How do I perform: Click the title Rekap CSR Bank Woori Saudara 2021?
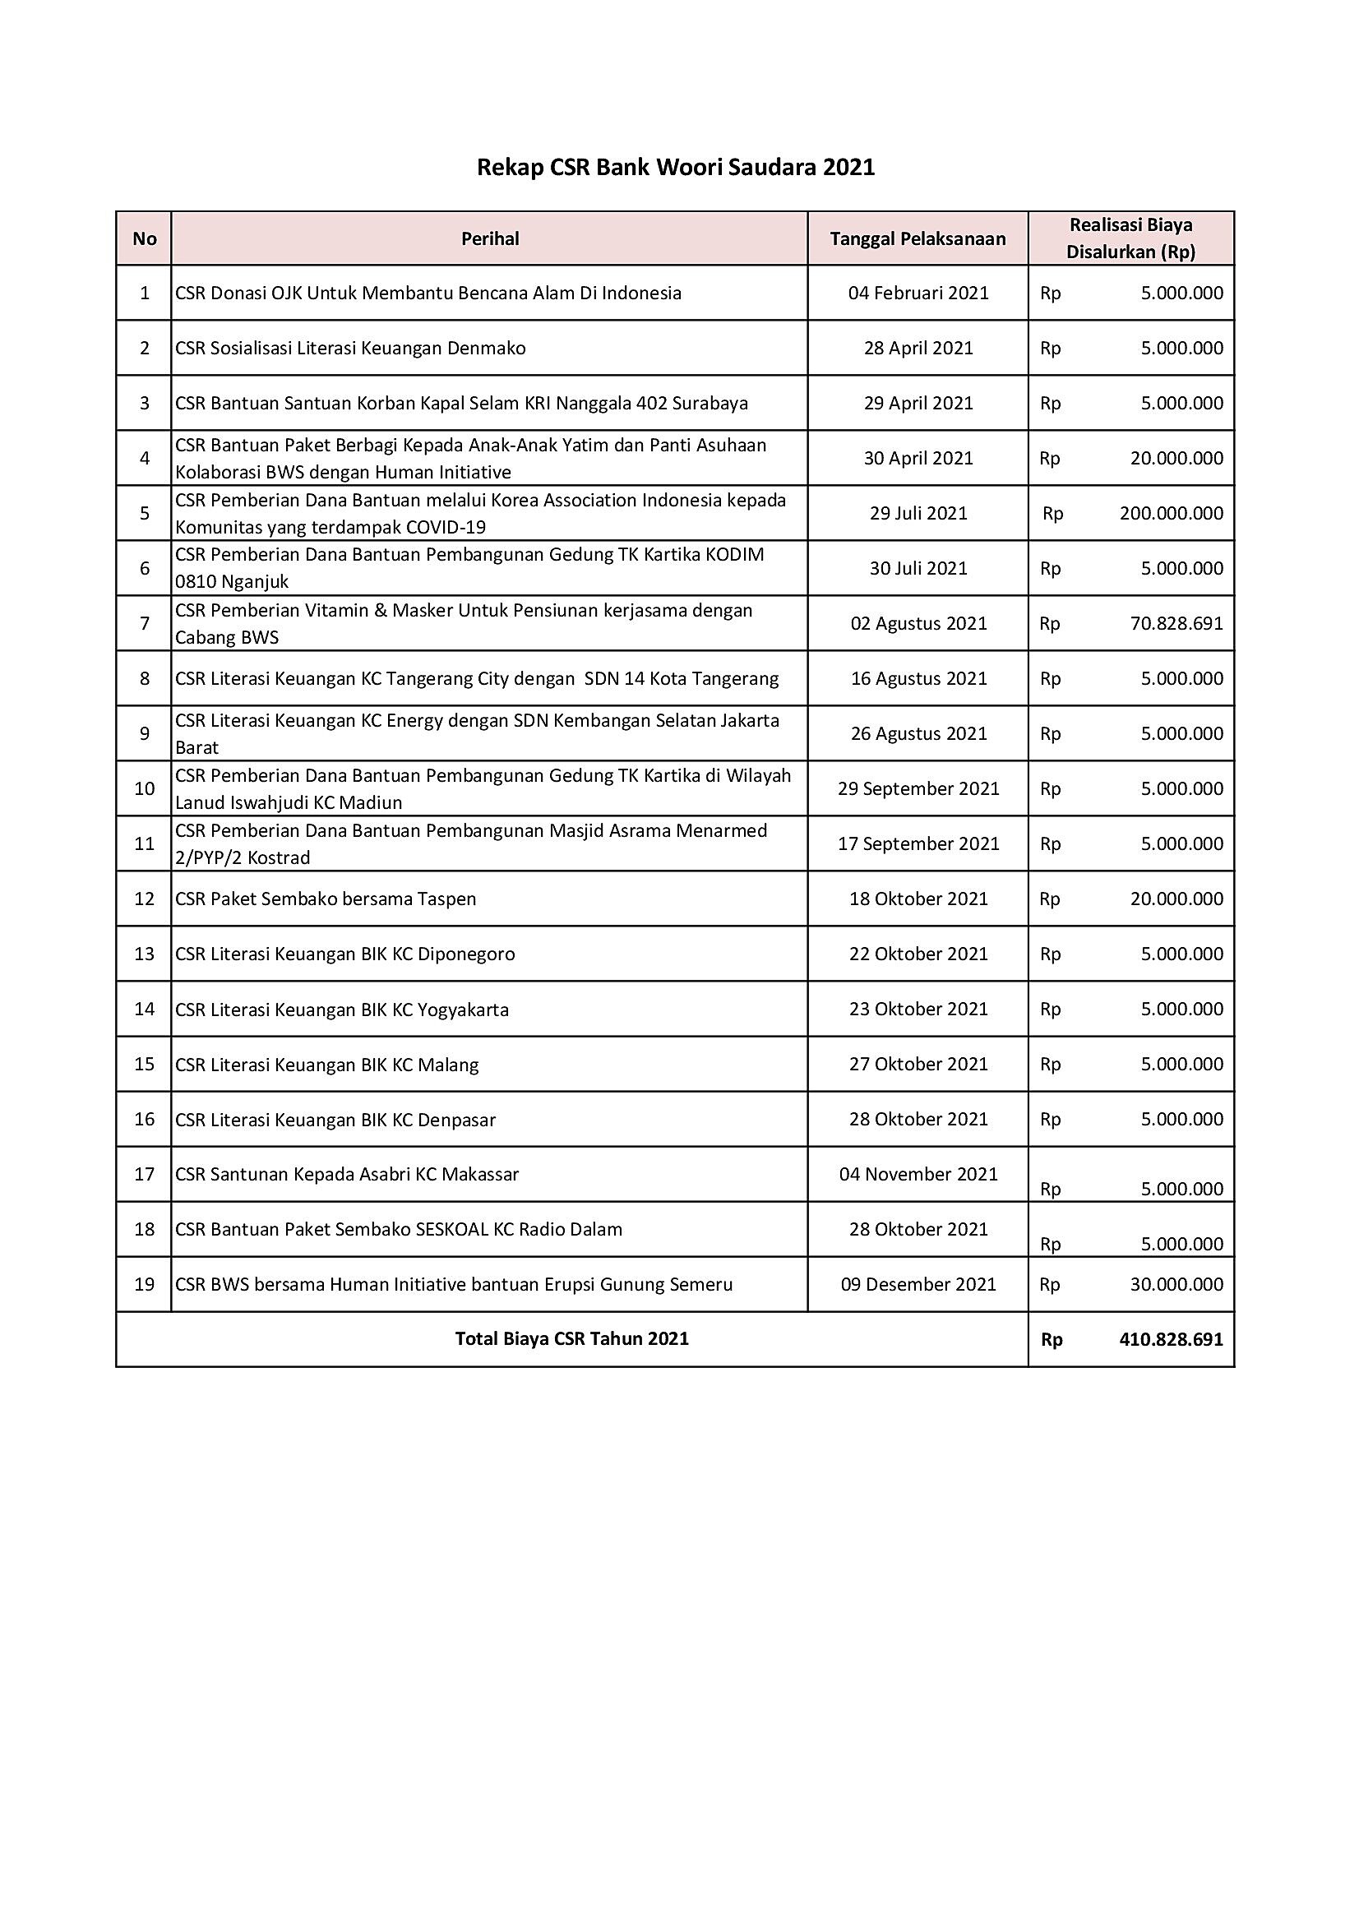point(675,168)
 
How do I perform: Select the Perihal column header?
point(490,238)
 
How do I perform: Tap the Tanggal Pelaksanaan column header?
point(918,238)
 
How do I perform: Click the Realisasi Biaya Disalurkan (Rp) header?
point(1130,238)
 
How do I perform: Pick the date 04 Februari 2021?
point(918,293)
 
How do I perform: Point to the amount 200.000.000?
point(1171,513)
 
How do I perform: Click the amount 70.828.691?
point(1176,623)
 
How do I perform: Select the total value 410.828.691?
point(1171,1338)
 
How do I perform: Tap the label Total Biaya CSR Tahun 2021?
point(572,1338)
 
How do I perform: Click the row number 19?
point(144,1284)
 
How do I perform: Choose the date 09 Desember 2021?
point(918,1284)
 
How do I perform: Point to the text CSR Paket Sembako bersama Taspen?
point(326,899)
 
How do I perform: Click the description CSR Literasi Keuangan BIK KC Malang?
point(326,1065)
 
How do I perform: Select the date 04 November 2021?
point(918,1174)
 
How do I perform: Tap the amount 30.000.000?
point(1176,1284)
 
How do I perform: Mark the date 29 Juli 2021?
point(918,513)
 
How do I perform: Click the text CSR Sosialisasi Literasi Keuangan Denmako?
point(350,349)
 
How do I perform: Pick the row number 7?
point(144,623)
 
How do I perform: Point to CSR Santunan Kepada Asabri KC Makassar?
point(347,1174)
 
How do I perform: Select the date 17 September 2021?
point(918,843)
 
